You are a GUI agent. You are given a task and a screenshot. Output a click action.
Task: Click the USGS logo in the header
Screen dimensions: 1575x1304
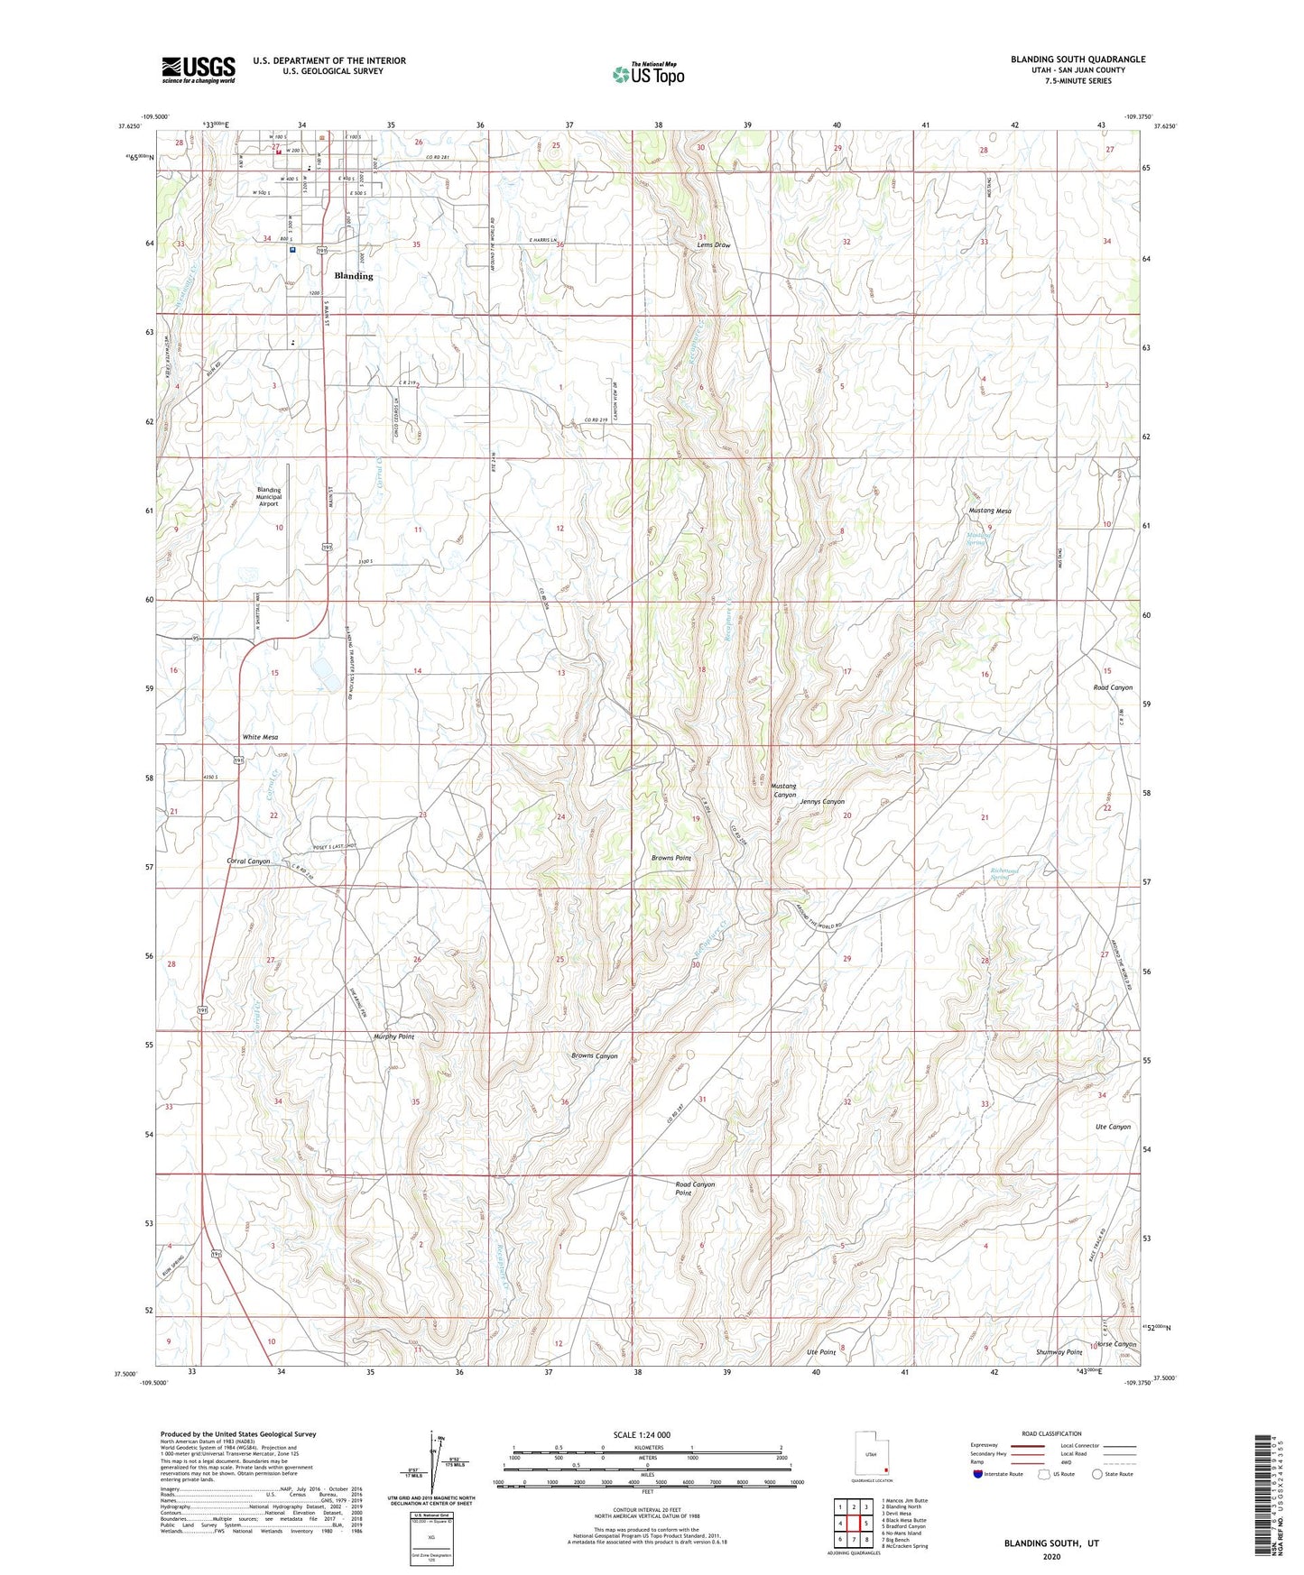(x=198, y=69)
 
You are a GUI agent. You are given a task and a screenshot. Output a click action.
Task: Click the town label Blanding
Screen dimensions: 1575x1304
(x=353, y=276)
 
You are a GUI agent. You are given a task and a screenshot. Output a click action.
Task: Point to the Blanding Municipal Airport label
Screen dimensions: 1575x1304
(x=269, y=497)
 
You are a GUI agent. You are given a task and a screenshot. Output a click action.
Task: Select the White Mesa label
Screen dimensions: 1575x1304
(x=260, y=737)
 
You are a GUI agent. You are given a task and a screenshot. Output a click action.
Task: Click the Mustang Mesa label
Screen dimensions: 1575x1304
(x=990, y=511)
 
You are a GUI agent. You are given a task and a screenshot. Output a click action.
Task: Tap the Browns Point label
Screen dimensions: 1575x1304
(x=671, y=858)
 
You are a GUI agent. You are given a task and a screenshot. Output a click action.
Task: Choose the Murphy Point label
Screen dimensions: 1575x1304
(x=393, y=1036)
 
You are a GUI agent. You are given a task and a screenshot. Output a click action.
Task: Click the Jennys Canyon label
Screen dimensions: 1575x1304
(x=822, y=801)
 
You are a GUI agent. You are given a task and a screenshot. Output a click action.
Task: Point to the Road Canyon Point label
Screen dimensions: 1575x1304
(x=695, y=1189)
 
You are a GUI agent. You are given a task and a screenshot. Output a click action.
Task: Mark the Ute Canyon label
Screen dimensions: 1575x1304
(x=1113, y=1127)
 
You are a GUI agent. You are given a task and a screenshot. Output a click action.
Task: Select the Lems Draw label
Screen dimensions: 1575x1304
(x=713, y=245)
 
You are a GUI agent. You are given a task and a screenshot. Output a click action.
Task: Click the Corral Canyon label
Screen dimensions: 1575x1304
(x=248, y=861)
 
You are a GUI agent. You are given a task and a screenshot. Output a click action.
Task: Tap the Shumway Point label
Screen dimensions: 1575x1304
(x=1059, y=1352)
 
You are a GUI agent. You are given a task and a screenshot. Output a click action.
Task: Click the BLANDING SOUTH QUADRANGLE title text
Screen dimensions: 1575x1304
(x=1077, y=60)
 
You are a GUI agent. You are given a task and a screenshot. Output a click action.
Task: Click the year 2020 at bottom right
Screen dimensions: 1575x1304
(x=1050, y=1556)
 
